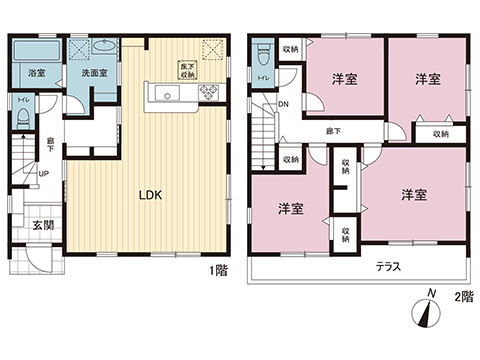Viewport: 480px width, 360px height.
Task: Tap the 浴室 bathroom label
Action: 35,74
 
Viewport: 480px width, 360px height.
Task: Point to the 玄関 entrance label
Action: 41,225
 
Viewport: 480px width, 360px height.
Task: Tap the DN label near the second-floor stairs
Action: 284,104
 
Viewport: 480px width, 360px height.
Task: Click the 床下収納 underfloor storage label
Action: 187,70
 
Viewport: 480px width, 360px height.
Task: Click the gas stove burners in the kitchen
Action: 211,94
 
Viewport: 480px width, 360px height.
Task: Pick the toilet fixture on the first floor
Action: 22,118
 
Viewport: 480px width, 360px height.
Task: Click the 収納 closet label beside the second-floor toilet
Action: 290,48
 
